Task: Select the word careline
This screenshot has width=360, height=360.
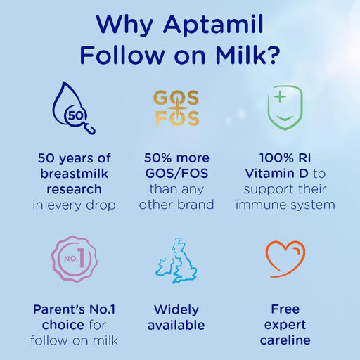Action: (x=285, y=341)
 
